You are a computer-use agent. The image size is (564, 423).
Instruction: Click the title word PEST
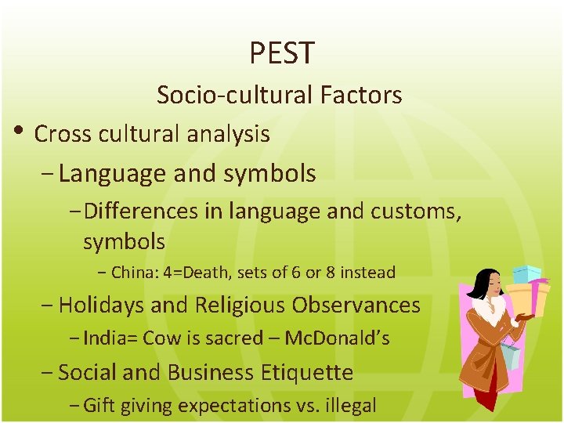[x=282, y=53]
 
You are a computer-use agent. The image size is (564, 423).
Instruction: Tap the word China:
[x=136, y=273]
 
